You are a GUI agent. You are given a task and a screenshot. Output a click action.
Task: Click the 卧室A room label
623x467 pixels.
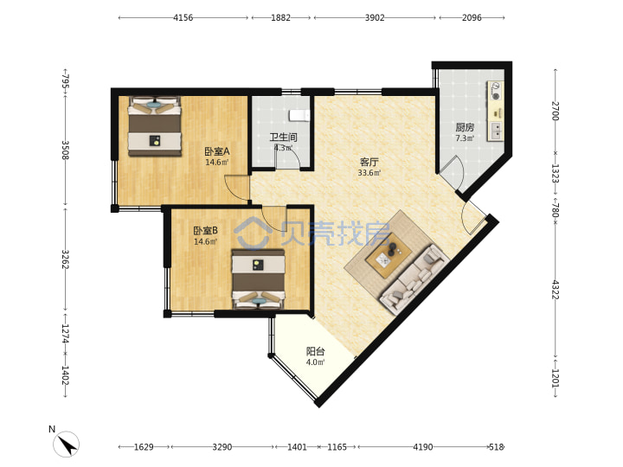coord(217,151)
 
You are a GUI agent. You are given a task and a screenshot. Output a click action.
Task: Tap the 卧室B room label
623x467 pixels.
coord(205,231)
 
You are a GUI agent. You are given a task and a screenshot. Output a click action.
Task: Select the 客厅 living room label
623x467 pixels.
coord(369,162)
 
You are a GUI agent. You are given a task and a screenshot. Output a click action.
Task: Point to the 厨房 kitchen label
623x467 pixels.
coord(465,127)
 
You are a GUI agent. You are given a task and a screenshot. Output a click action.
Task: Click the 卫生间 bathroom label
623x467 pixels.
coord(283,138)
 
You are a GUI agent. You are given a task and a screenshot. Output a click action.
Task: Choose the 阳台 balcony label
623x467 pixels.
coord(316,351)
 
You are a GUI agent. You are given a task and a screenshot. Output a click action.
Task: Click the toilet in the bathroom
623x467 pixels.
coord(299,115)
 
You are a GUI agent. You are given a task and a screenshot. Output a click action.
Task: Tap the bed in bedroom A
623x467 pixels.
coord(155,125)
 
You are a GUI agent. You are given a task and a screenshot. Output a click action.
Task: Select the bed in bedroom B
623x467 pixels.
coord(259,278)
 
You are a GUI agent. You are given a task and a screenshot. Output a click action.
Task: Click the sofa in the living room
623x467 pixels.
coord(414,280)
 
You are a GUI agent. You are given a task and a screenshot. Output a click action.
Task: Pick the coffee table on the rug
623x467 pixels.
coord(389,255)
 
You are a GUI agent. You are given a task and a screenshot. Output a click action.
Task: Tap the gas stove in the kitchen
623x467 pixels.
coord(496,91)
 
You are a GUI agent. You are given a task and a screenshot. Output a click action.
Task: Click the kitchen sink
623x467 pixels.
coord(497,131)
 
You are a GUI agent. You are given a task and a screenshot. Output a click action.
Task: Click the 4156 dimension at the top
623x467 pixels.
coord(183,17)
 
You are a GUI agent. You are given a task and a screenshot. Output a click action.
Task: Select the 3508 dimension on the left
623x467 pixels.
coord(66,150)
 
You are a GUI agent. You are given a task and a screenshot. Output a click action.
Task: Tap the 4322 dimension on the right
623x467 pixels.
coord(556,290)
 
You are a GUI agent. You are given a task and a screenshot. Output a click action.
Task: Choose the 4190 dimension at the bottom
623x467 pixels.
coord(423,447)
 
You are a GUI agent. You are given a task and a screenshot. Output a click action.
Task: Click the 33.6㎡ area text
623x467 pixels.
coord(369,173)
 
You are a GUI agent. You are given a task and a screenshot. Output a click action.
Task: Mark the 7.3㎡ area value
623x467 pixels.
coord(465,138)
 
